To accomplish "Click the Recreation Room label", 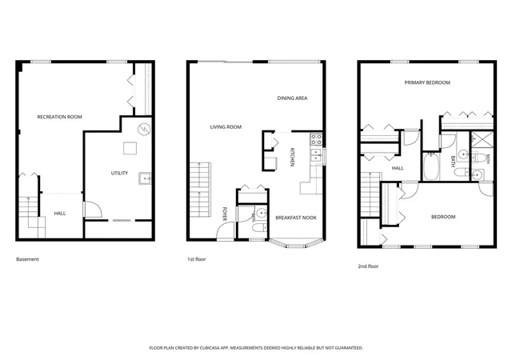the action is [x=59, y=117].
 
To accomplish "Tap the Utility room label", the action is [x=119, y=173].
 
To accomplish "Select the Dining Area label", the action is [x=292, y=98].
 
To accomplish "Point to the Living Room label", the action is [x=226, y=126].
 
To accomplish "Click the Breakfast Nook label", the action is [x=296, y=218].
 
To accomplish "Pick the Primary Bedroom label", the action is [x=427, y=82].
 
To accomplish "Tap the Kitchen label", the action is [x=292, y=157].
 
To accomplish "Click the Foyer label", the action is [x=225, y=214].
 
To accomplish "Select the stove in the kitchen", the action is [x=316, y=139].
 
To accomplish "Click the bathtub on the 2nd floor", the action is [x=430, y=166].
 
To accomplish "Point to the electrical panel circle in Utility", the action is [x=144, y=130].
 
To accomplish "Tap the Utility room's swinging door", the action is [x=93, y=210].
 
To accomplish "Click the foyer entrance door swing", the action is [x=226, y=231].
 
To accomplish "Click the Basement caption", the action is [x=27, y=259].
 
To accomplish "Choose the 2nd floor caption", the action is [x=368, y=266].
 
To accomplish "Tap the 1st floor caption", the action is [x=197, y=259].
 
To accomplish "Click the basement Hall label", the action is [x=60, y=214].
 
